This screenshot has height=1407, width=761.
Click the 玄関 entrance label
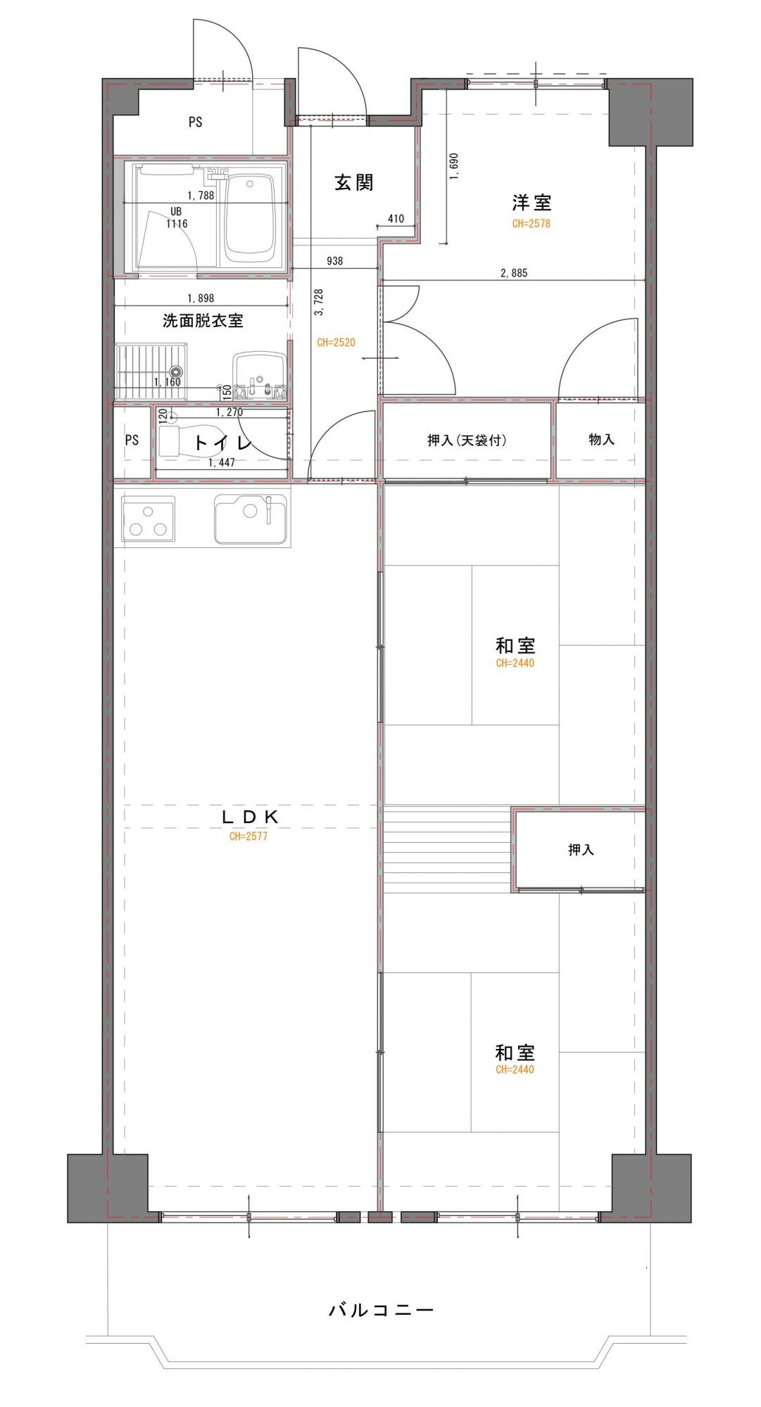(x=353, y=183)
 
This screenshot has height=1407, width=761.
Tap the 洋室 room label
(x=532, y=203)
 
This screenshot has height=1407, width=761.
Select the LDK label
(x=251, y=817)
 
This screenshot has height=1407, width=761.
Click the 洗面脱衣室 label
(x=203, y=321)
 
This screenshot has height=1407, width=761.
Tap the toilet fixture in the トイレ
(x=187, y=443)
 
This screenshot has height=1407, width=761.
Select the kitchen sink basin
(x=251, y=519)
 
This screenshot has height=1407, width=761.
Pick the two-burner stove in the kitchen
(x=149, y=518)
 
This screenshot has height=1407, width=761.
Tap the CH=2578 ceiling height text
(x=531, y=224)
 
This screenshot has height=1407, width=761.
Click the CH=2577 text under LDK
(x=248, y=837)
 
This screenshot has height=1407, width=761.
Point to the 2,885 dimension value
(x=513, y=273)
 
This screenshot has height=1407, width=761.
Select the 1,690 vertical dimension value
(x=453, y=167)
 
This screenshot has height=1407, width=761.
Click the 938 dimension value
(x=335, y=261)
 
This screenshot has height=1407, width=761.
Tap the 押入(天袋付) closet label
(x=467, y=440)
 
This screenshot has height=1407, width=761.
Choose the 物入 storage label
(x=601, y=440)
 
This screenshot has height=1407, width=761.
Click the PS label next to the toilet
(x=132, y=440)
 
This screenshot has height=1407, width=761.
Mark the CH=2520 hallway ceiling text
(x=336, y=343)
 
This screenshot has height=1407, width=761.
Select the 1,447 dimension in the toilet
(x=222, y=463)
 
